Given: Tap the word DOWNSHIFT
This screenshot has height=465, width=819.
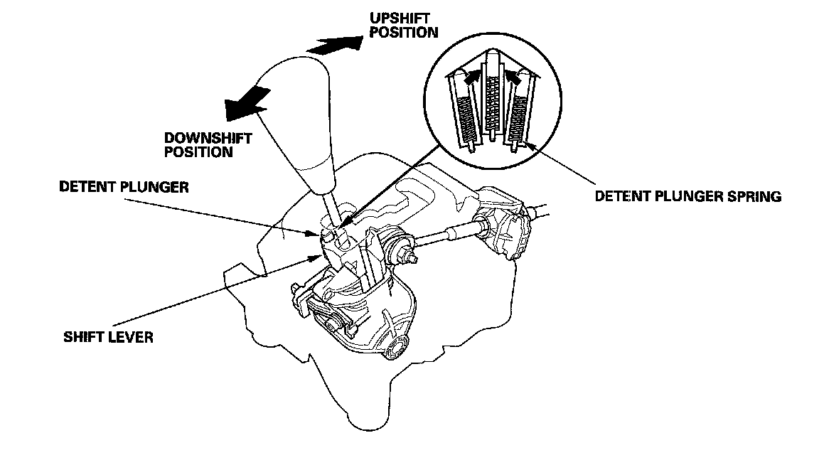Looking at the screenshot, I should pyautogui.click(x=200, y=137).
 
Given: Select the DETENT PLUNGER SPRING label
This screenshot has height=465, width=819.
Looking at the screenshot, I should pyautogui.click(x=688, y=196).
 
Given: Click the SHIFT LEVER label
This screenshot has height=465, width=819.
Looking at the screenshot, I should pyautogui.click(x=108, y=336).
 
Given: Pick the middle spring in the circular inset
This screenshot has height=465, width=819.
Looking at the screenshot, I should pyautogui.click(x=491, y=107).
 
